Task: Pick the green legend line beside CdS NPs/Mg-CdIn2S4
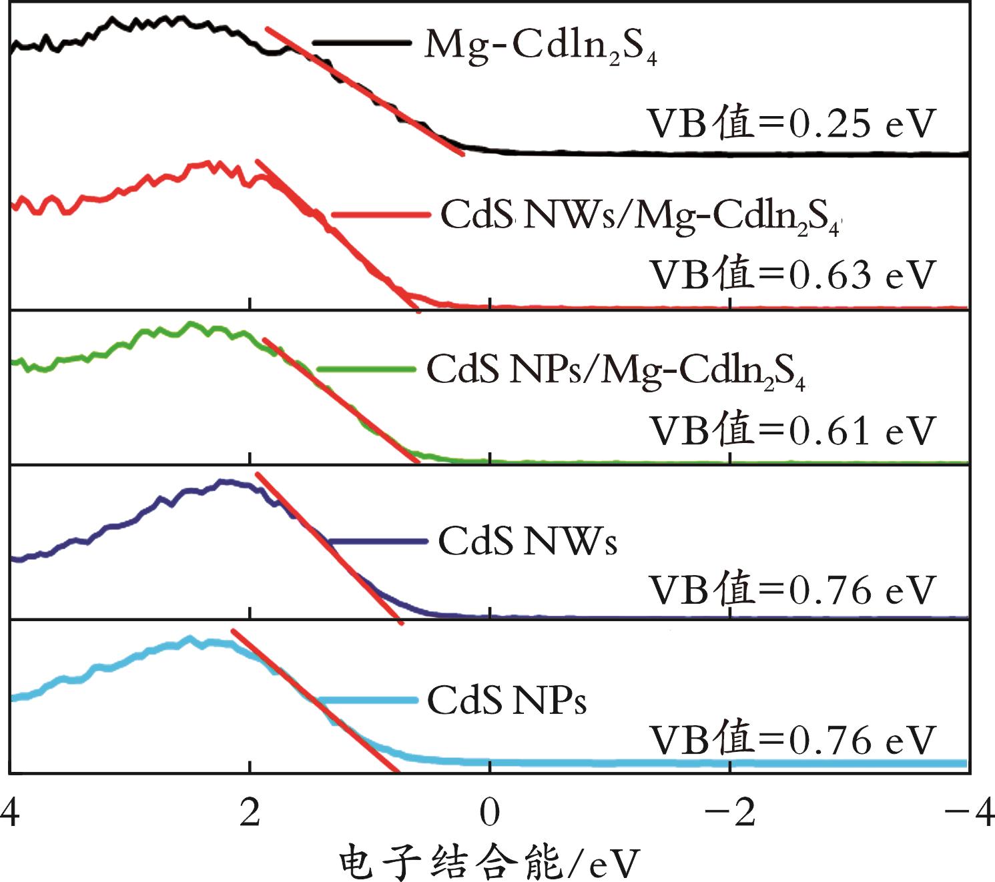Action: tap(367, 369)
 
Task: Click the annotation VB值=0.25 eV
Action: tap(793, 123)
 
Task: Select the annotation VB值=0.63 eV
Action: tap(793, 275)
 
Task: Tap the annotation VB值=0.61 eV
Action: tap(793, 430)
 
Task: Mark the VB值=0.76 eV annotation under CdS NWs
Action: tap(793, 590)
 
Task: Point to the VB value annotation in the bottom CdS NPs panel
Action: tap(793, 740)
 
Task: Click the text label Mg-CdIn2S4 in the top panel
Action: tap(541, 47)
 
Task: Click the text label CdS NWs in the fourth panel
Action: tap(527, 541)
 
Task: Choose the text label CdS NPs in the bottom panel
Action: tap(507, 701)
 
